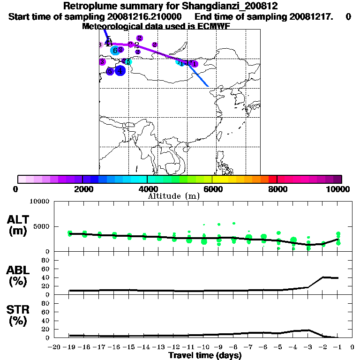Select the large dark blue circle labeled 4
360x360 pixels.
point(120,71)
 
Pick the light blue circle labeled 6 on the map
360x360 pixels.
point(115,50)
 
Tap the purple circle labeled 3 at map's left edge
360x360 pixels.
point(102,61)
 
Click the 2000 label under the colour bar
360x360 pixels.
point(82,189)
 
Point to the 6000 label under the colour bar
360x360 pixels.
point(212,189)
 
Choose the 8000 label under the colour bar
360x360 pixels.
point(277,189)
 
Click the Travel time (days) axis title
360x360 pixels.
point(205,355)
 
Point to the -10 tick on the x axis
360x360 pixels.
point(204,347)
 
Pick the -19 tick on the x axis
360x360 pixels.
point(69,347)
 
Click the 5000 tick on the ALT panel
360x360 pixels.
point(42,226)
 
